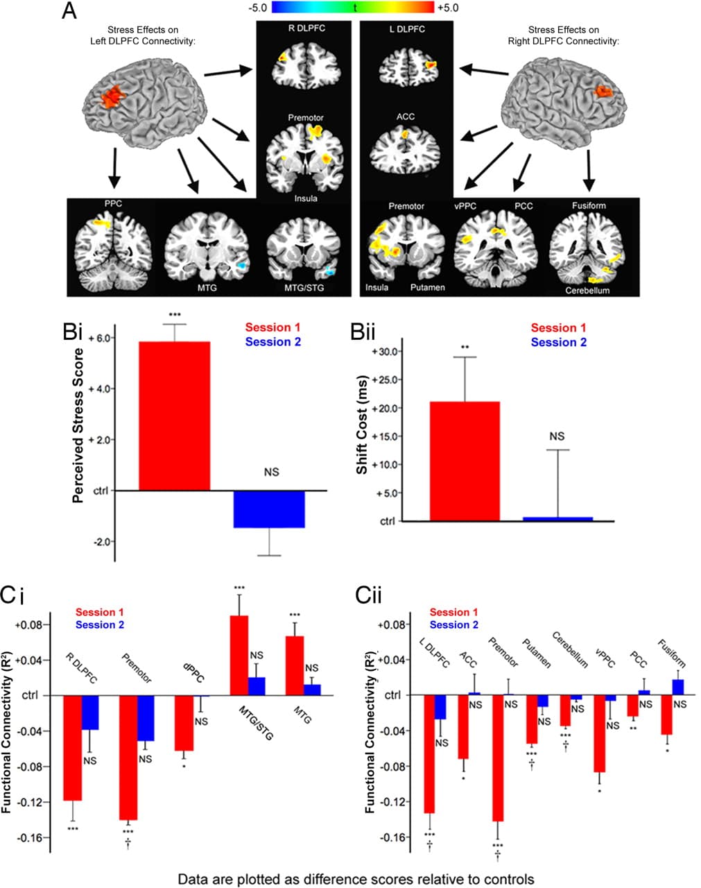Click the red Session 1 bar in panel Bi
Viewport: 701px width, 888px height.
tap(175, 416)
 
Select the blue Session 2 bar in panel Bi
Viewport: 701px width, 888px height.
tap(269, 509)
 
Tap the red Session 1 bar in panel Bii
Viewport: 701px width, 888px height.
tap(465, 461)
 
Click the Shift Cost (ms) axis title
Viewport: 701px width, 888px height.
tap(362, 431)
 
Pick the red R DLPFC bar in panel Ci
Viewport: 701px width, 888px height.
tap(73, 748)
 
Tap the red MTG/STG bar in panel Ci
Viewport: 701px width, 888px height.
tap(239, 656)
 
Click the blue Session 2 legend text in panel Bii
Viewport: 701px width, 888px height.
tap(559, 342)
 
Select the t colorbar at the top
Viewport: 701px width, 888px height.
tap(354, 8)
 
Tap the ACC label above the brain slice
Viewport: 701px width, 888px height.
tap(406, 117)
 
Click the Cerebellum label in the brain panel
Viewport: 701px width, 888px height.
tap(587, 290)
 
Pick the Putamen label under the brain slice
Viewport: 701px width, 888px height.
tap(427, 287)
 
